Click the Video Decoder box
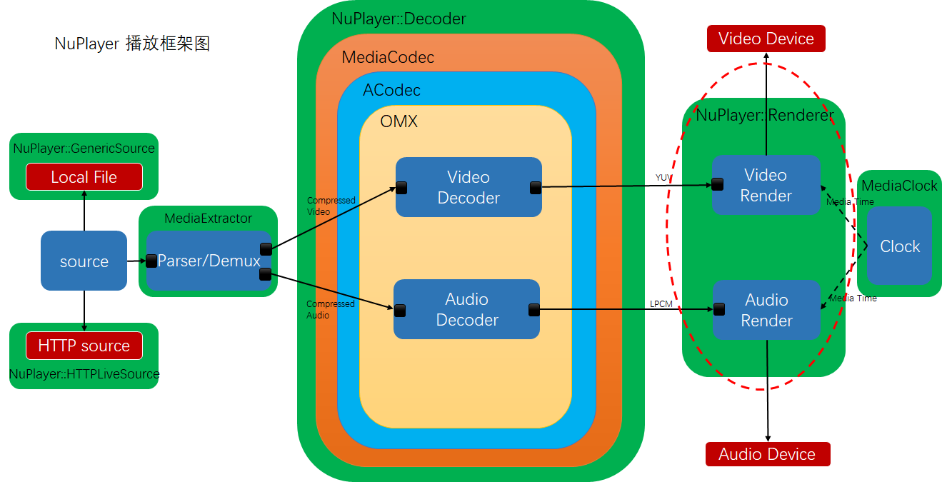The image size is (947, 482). coord(469,187)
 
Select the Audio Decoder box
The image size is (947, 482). coord(466,309)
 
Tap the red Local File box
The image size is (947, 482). coord(84,177)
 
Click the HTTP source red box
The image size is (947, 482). coord(84,346)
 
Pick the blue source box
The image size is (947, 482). coord(84,261)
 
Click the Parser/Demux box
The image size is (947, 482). coord(209,261)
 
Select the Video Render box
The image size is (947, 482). coord(766,186)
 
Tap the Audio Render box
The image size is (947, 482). coord(766,310)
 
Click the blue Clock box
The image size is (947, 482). coord(899,246)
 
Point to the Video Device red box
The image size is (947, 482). coord(766,39)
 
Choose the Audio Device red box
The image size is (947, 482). coord(767,454)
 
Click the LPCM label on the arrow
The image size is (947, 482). coord(661,303)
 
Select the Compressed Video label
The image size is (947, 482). coord(331,206)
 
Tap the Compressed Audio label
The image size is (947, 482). coord(330,309)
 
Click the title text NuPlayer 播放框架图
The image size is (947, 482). coord(132,44)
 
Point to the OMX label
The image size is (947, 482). coord(399,121)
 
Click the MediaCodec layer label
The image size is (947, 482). coord(388,57)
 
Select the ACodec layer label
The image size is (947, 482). coord(391,91)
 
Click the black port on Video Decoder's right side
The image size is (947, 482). coord(536,188)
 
